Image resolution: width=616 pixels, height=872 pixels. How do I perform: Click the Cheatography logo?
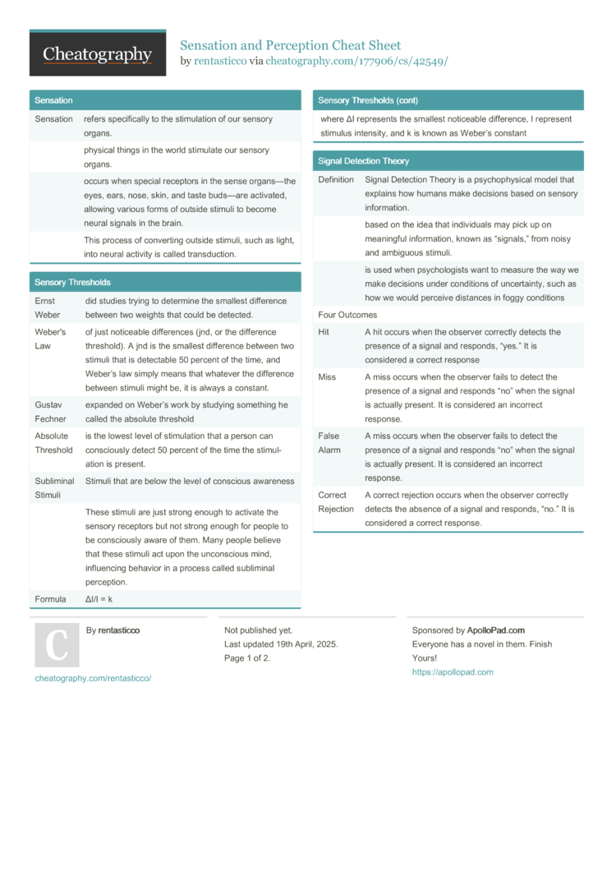(x=98, y=53)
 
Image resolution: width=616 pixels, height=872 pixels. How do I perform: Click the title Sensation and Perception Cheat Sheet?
(x=290, y=44)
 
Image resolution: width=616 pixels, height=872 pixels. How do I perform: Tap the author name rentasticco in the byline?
(x=220, y=61)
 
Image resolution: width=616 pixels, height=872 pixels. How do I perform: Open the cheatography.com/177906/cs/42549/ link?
(x=356, y=61)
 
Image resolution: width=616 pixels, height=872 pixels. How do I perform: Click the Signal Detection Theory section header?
(x=363, y=161)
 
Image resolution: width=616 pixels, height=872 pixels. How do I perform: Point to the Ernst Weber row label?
(x=48, y=308)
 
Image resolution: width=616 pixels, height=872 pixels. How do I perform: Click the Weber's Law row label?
(x=50, y=339)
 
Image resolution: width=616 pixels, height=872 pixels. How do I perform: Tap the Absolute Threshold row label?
(x=53, y=443)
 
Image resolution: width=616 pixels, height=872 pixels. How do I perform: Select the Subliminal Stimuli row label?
(x=54, y=488)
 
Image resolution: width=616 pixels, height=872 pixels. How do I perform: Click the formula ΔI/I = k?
(x=99, y=599)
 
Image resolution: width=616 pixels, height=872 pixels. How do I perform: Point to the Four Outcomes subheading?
(x=347, y=315)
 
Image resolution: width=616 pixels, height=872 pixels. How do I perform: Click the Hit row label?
(x=324, y=332)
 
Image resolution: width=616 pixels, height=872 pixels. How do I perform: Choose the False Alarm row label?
(x=329, y=443)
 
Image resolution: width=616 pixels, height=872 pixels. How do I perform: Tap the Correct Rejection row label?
(x=336, y=502)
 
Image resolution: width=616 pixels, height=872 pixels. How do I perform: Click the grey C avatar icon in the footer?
(x=57, y=645)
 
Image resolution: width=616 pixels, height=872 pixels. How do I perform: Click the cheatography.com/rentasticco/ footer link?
(x=93, y=678)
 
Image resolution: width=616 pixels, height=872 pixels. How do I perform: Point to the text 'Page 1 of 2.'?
(x=247, y=657)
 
